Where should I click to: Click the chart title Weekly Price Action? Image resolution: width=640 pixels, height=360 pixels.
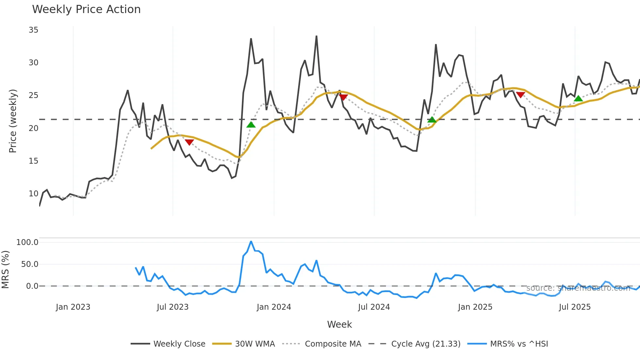pos(86,9)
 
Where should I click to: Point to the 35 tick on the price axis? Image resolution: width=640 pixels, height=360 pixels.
pos(33,30)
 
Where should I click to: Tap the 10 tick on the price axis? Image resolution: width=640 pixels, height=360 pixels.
pos(33,194)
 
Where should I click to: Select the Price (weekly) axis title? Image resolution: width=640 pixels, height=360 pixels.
pos(13,121)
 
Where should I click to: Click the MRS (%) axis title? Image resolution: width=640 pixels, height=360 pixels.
pos(5,270)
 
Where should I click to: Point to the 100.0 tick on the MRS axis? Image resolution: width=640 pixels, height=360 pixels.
pos(27,242)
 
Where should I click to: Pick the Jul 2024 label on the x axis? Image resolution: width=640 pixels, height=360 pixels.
pos(374,307)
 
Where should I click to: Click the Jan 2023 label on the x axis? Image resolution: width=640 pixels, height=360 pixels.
pos(73,307)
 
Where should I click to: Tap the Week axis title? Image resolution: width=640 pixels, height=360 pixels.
pos(339,324)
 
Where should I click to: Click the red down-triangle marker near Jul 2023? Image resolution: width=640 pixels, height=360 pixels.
pos(189,142)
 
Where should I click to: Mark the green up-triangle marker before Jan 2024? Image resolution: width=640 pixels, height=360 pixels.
pos(251,125)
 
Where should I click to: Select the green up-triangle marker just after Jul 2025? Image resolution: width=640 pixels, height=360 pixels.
pos(578,99)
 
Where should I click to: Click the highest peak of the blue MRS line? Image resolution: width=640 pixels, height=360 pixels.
pos(251,241)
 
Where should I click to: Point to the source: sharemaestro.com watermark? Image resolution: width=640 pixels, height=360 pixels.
pos(578,288)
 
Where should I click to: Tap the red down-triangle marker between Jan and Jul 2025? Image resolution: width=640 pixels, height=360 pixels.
pos(520,95)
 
